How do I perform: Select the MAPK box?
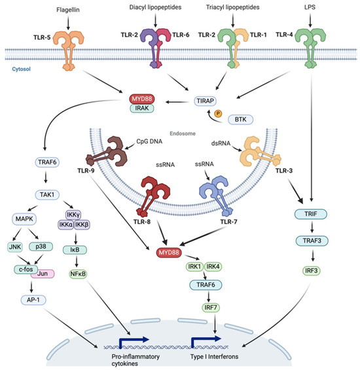tap(39, 214)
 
